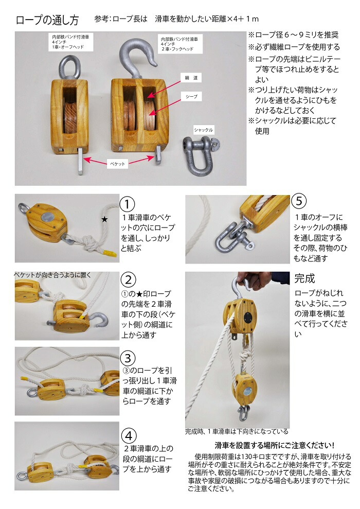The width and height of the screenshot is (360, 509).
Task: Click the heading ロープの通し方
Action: [x=47, y=21]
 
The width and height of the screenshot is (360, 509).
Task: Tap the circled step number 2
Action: [x=128, y=280]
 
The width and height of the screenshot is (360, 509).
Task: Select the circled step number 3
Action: [x=128, y=357]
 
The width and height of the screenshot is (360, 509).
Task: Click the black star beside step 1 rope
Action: [x=104, y=220]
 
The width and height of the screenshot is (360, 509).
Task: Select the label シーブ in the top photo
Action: [x=191, y=96]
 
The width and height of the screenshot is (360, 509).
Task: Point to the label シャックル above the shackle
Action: [x=203, y=129]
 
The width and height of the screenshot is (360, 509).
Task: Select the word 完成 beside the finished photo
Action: [x=304, y=278]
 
